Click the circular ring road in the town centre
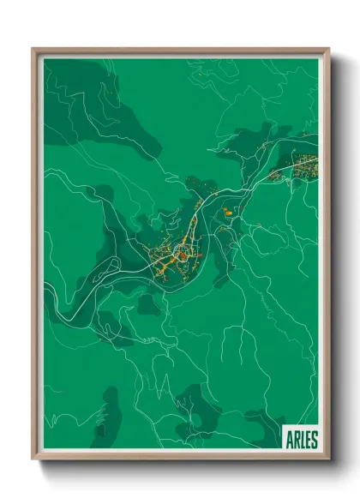coord(183,254)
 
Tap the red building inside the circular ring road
coord(183,255)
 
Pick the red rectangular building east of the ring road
coord(199,255)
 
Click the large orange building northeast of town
coord(227,209)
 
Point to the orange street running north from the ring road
coord(194,227)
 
